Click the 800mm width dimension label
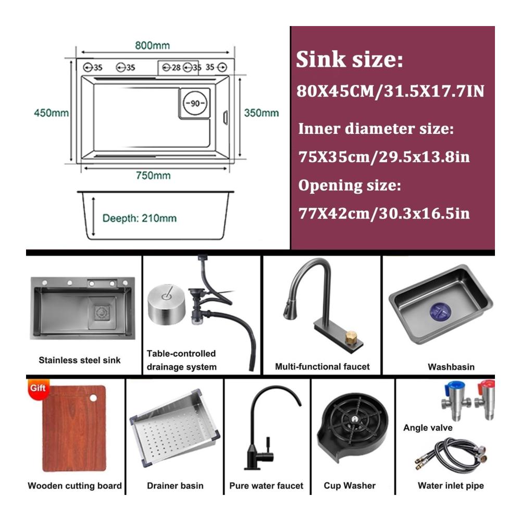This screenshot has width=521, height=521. point(152,45)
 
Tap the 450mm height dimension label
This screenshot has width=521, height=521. point(51,113)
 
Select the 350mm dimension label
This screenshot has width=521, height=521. point(261,113)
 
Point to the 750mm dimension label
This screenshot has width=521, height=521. point(153,176)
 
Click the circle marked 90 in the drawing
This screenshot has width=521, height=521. point(195,103)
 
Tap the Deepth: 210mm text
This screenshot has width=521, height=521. point(139,218)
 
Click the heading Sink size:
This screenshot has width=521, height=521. point(349,59)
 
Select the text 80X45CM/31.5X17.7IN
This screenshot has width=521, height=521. point(390,91)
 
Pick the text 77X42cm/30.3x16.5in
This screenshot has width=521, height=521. point(384,213)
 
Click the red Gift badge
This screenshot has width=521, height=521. point(38,388)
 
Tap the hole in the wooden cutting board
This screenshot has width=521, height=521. point(93,398)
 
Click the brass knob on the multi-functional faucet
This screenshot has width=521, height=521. point(351,338)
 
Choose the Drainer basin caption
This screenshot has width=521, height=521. point(175,486)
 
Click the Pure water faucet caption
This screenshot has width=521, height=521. point(266,486)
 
